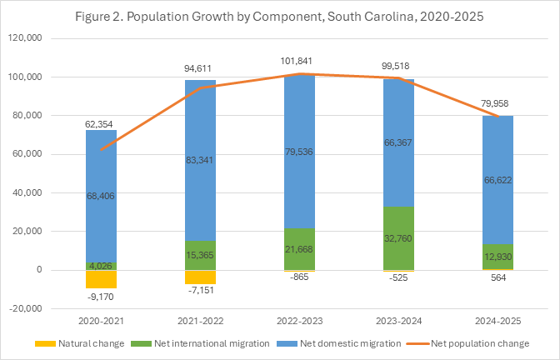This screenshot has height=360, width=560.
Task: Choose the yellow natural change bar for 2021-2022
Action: (200, 277)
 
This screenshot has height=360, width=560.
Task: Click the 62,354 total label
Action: (101, 124)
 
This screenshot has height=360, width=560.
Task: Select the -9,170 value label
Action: (101, 294)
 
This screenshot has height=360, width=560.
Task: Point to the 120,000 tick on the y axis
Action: (32, 39)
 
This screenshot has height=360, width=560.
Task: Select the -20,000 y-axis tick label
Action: (32, 308)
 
